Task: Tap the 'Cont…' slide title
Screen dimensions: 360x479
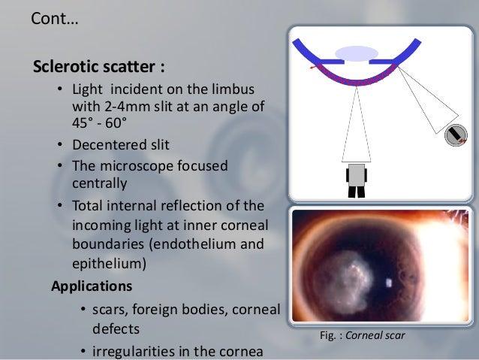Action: (54, 18)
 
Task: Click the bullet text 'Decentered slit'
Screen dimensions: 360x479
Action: (121, 144)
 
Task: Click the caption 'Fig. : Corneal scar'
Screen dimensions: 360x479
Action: (363, 335)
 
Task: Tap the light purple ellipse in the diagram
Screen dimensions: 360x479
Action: (357, 53)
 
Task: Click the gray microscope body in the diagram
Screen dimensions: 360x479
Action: (357, 174)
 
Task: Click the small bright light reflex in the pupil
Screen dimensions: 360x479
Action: (389, 283)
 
